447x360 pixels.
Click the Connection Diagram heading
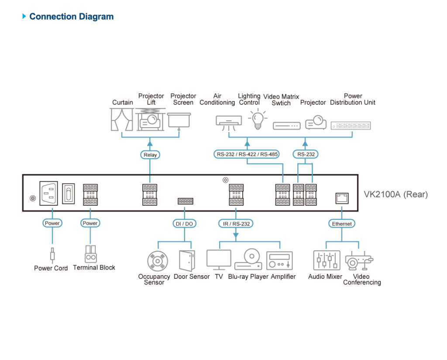click(x=71, y=17)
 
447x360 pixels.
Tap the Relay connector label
click(x=150, y=155)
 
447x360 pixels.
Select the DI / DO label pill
click(x=184, y=224)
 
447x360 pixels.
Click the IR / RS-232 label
click(x=236, y=224)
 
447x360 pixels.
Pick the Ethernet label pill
click(x=342, y=224)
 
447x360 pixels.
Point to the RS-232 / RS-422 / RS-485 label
click(x=247, y=154)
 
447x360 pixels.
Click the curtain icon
click(x=121, y=120)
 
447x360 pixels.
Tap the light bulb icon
click(x=257, y=119)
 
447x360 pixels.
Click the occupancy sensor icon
click(x=156, y=261)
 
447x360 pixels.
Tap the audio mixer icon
click(x=326, y=260)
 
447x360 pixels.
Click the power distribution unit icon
click(x=351, y=126)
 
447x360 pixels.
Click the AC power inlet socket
click(x=49, y=193)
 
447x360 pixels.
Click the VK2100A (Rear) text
click(x=396, y=194)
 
